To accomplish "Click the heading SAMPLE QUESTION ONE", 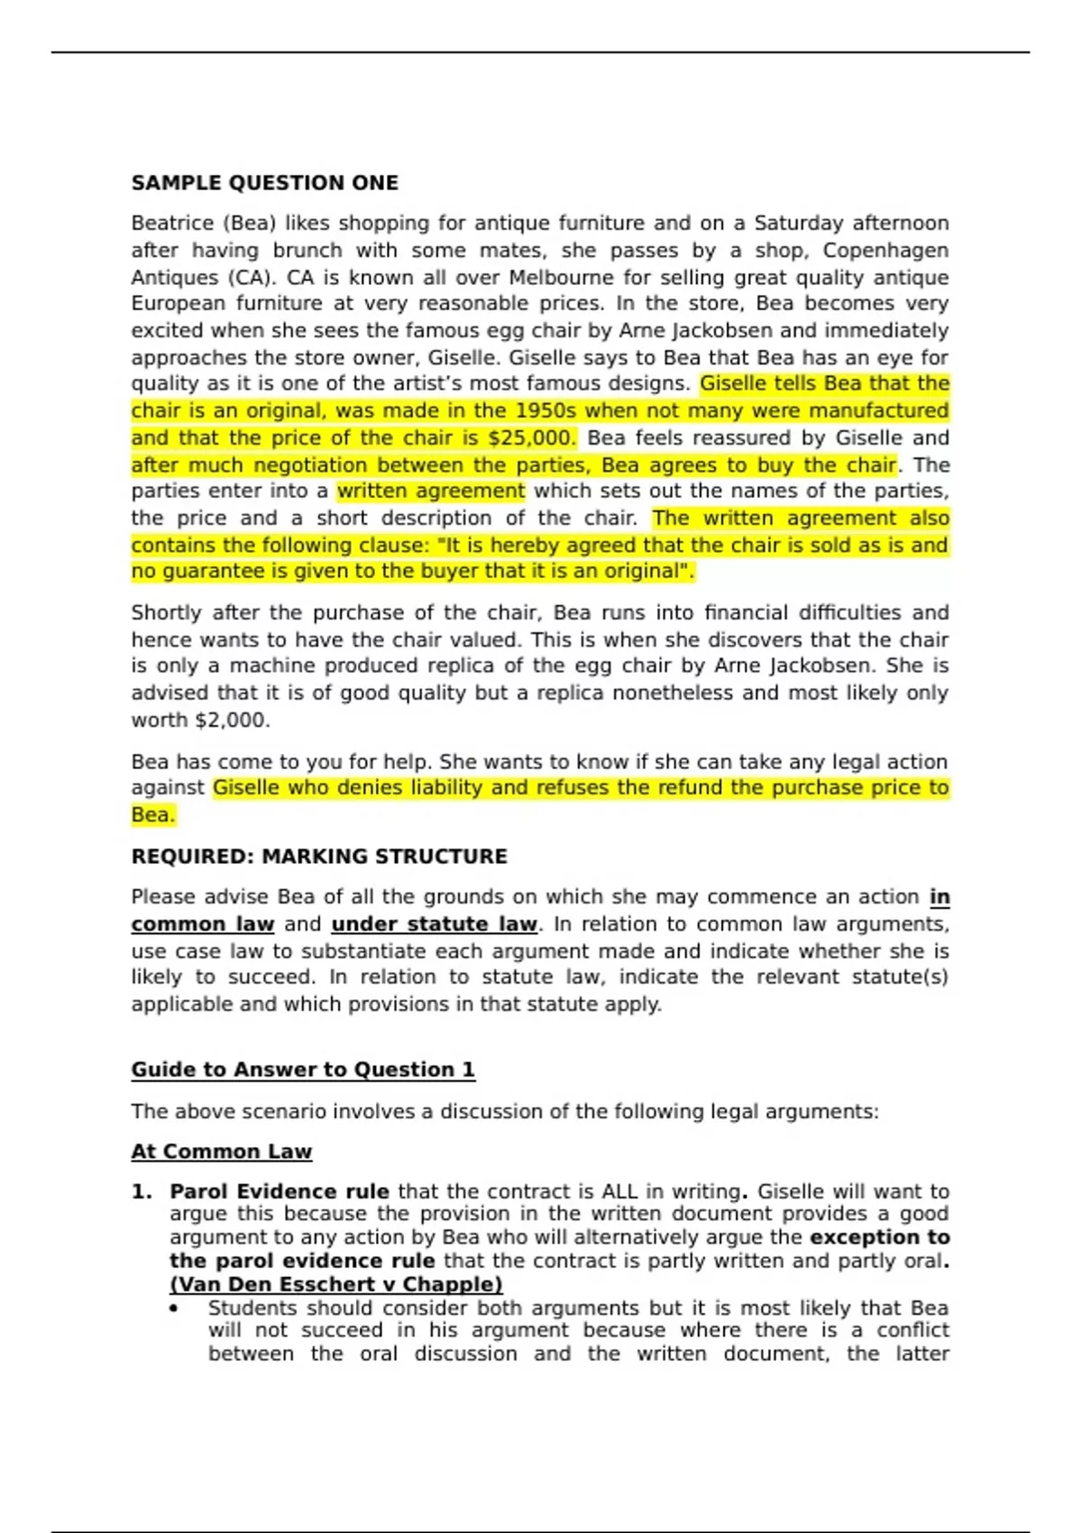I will pyautogui.click(x=264, y=183).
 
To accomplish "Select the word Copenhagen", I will pyautogui.click(x=885, y=250).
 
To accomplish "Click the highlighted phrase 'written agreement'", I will pyautogui.click(x=430, y=491).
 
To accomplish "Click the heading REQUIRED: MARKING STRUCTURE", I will pyautogui.click(x=319, y=857).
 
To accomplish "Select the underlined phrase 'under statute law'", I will pyautogui.click(x=434, y=924).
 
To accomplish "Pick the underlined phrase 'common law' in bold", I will pyautogui.click(x=203, y=924).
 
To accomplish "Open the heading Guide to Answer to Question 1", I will pyautogui.click(x=303, y=1069).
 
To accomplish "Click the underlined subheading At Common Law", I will pyautogui.click(x=222, y=1152).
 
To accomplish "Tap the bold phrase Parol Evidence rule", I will pyautogui.click(x=280, y=1192).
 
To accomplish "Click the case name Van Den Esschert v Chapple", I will pyautogui.click(x=336, y=1284).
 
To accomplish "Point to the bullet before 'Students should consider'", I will pyautogui.click(x=174, y=1308).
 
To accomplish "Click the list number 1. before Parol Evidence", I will pyautogui.click(x=142, y=1192).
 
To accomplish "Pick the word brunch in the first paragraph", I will pyautogui.click(x=307, y=250).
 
